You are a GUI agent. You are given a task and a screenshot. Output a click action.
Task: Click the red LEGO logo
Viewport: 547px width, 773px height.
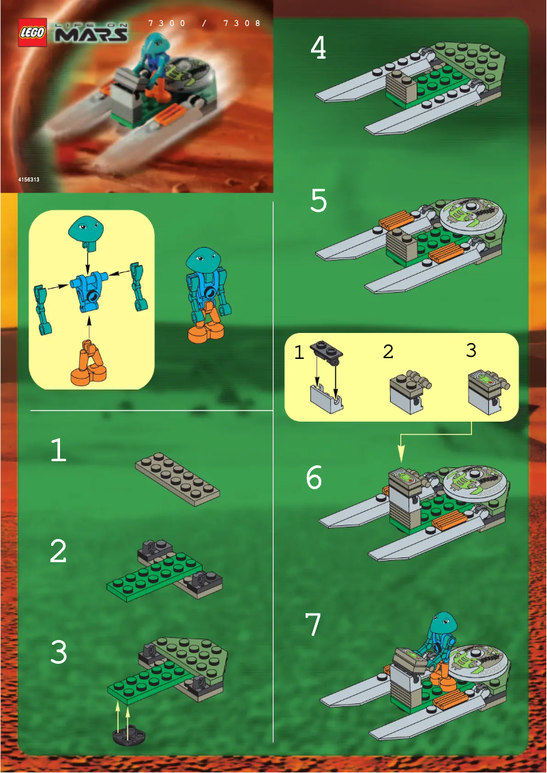point(33,32)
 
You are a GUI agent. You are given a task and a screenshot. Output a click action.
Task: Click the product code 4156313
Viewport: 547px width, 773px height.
point(32,179)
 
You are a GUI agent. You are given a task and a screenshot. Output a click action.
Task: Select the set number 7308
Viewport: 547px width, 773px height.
point(242,23)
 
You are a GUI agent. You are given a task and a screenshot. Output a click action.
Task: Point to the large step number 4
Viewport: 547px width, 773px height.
point(318,48)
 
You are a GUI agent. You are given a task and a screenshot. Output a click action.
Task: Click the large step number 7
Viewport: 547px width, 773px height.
point(312,624)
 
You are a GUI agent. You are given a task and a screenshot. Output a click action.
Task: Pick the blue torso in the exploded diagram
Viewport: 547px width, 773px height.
point(89,287)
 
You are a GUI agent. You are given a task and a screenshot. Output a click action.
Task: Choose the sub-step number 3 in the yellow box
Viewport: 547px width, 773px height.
point(471,350)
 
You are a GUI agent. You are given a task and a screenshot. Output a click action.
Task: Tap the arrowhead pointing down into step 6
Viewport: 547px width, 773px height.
point(401,453)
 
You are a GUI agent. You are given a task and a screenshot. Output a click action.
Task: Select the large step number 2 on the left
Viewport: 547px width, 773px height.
point(58,551)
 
